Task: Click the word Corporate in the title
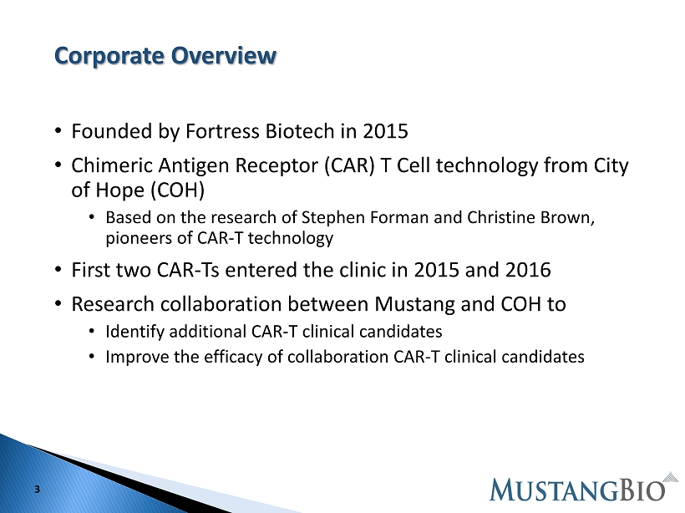point(109,56)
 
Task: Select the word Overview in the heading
point(224,55)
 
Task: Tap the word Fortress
point(223,131)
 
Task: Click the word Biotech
point(300,131)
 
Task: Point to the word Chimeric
point(112,165)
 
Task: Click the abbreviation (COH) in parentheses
point(177,190)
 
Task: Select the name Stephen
point(333,217)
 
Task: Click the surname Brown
point(567,217)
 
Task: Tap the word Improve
point(137,357)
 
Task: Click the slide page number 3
point(37,490)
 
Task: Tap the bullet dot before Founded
point(58,131)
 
